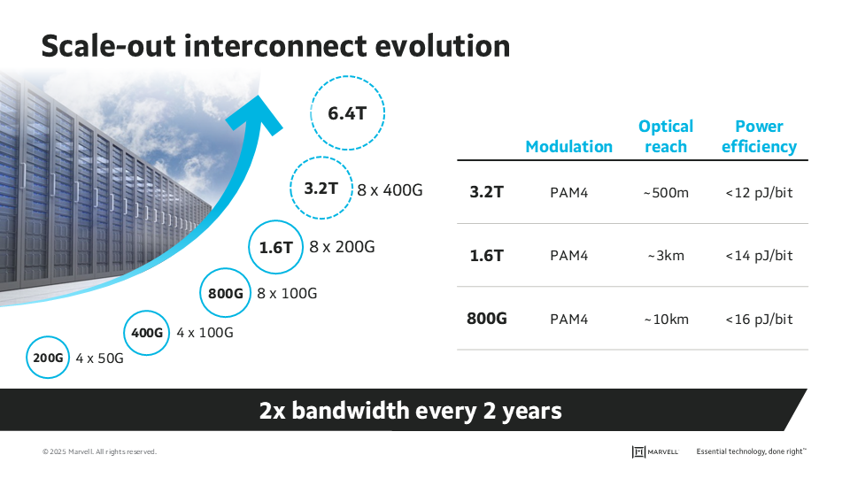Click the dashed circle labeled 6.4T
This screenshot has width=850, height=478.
click(x=346, y=113)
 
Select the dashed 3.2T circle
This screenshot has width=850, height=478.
click(x=321, y=189)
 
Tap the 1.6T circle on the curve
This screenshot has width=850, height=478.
click(x=275, y=248)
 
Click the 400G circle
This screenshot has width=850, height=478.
click(x=147, y=334)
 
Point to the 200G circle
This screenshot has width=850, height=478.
click(x=48, y=358)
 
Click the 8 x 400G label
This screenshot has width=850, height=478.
click(x=390, y=189)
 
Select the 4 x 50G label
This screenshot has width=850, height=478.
click(x=99, y=359)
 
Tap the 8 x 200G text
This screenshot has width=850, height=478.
click(x=342, y=247)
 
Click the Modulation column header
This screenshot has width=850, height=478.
click(x=568, y=147)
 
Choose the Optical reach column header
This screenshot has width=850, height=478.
click(x=666, y=136)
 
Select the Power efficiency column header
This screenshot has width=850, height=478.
click(x=759, y=136)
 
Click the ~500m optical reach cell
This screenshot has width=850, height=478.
click(x=666, y=192)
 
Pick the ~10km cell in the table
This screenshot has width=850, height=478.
click(x=666, y=319)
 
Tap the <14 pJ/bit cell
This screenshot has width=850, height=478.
click(x=759, y=256)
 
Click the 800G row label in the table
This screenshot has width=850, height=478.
click(x=487, y=319)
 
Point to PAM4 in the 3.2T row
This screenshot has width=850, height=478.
click(x=568, y=192)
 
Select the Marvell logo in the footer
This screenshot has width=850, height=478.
click(x=655, y=451)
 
